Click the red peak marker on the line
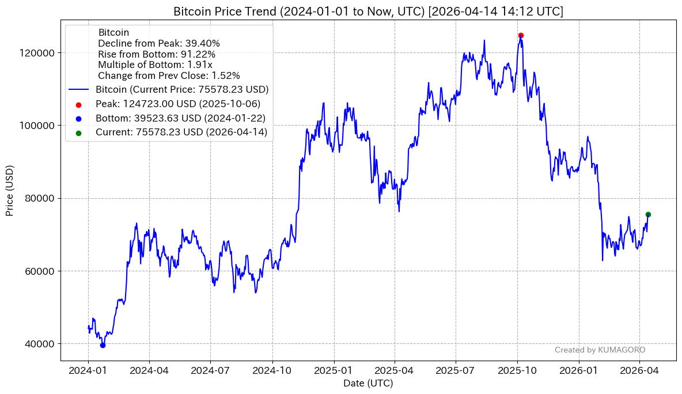[521, 36]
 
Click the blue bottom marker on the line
[103, 345]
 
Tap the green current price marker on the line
[648, 214]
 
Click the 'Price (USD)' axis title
[10, 191]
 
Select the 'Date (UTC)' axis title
[368, 383]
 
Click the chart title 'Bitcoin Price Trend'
[368, 12]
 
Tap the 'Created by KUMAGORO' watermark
[600, 350]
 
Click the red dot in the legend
[78, 104]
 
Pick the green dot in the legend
[78, 132]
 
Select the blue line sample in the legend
[78, 90]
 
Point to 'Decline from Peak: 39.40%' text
[159, 43]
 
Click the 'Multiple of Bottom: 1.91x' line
[155, 65]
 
